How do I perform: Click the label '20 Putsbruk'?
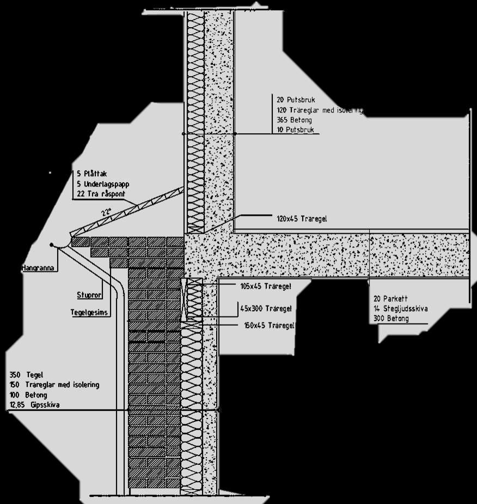pos(296,100)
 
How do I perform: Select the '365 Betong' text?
pos(294,120)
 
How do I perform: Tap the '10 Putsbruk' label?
pos(296,130)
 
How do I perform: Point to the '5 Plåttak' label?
pos(92,173)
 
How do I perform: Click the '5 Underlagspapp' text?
pos(103,184)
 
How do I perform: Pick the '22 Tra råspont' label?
pos(102,194)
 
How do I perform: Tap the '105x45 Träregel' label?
pos(266,286)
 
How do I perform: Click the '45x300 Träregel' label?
pos(266,308)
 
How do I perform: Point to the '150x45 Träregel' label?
pos(269,325)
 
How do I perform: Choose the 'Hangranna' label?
pos(37,268)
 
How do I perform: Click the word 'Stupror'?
pos(88,295)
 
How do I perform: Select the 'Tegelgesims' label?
pos(90,312)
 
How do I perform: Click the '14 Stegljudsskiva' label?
pos(400,309)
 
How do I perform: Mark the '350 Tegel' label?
pos(26,375)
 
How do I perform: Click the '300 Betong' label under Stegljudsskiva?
pos(391,319)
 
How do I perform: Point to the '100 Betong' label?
pos(28,395)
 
